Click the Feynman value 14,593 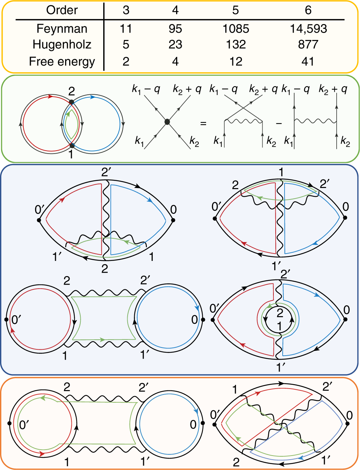(x=308, y=28)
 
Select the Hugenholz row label (x=62, y=44)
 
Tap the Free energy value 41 (x=308, y=61)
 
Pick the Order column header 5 (x=236, y=10)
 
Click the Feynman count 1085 (x=236, y=28)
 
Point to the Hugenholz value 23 (x=175, y=44)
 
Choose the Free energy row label (x=62, y=61)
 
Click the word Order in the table (x=62, y=10)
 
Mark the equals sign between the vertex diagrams (x=203, y=123)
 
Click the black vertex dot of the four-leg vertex (x=167, y=121)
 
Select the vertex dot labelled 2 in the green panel (x=72, y=101)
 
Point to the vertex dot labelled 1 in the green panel (x=72, y=145)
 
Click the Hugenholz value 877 (x=308, y=44)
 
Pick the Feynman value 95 (x=175, y=28)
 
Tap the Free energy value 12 (x=236, y=61)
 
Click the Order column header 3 (x=126, y=10)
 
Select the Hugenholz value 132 (x=236, y=44)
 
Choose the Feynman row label (x=62, y=28)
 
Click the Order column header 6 (x=308, y=10)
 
